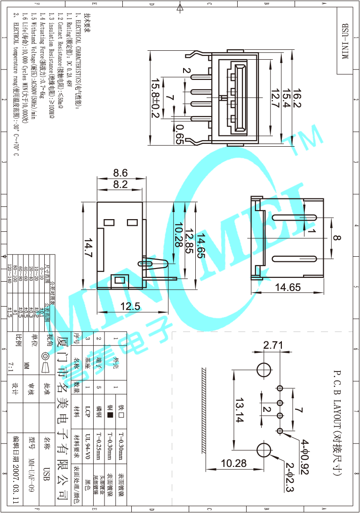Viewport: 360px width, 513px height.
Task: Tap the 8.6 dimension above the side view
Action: coord(120,173)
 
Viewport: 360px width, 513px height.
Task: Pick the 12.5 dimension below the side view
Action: coord(130,306)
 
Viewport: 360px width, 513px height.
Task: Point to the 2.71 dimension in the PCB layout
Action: coord(273,346)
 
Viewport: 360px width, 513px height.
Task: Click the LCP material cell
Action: coord(88,412)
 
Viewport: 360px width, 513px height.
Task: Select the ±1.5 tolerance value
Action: coord(9,312)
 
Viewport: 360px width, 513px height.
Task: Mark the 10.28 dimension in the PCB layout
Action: coord(234,464)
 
